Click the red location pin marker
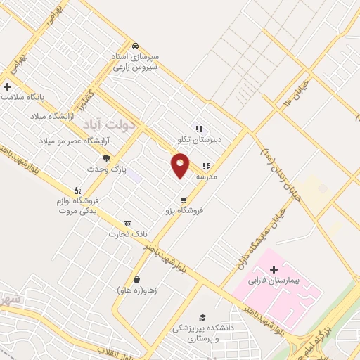(180, 165)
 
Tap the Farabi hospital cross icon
(274, 269)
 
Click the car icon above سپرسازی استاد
(134, 45)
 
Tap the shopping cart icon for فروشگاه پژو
(184, 199)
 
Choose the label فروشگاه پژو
(184, 210)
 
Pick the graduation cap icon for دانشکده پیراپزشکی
(202, 317)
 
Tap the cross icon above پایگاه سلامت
(7, 86)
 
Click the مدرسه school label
(206, 176)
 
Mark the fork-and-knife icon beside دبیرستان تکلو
(199, 129)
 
